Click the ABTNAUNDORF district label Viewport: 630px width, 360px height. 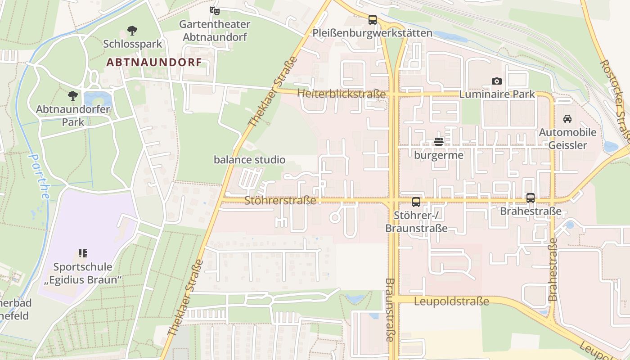coord(154,63)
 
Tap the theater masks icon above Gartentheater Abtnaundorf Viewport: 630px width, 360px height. coord(214,10)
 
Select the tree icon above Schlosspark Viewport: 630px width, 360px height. coord(132,31)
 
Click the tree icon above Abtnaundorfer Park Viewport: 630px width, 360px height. coord(72,96)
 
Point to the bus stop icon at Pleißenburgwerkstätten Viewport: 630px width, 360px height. coord(372,20)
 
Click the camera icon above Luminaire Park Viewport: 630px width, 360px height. coord(497,81)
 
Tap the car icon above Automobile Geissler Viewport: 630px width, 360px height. coord(567,119)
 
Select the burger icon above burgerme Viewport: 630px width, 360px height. coord(439,142)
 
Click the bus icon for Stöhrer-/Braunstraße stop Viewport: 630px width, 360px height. coord(416,202)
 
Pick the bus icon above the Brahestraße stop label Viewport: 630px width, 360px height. coord(531,198)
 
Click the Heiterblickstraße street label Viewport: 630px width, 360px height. coord(342,94)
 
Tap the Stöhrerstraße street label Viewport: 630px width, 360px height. coord(280,201)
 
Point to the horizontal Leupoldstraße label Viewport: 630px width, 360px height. coord(451,301)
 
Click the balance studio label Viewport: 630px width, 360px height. coord(249,160)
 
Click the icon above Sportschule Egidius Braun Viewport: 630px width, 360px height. coord(82,253)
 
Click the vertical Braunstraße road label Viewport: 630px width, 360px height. coord(390,310)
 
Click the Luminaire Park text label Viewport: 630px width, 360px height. coord(497,94)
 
